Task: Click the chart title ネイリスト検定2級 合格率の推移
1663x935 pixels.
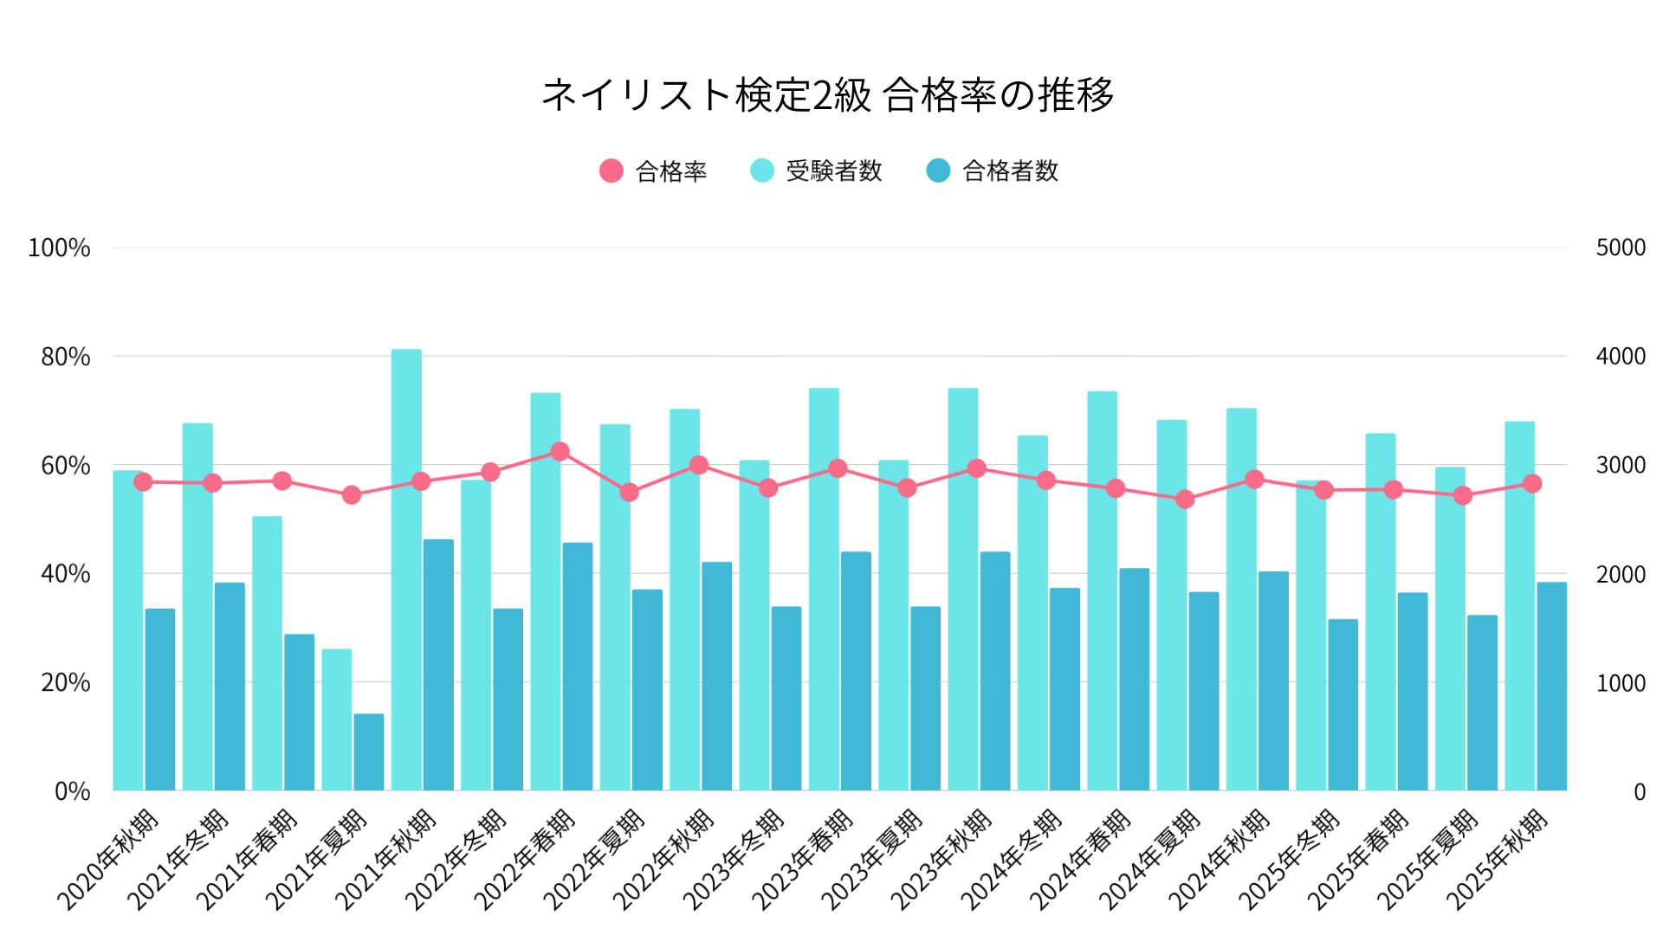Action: pyautogui.click(x=827, y=95)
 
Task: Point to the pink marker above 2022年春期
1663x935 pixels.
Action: pyautogui.click(x=560, y=452)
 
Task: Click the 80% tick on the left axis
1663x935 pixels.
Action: pyautogui.click(x=66, y=357)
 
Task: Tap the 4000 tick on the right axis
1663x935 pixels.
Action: pyautogui.click(x=1621, y=357)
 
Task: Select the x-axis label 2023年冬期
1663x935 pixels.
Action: pyautogui.click(x=734, y=859)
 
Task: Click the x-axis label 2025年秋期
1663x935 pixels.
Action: pyautogui.click(x=1498, y=859)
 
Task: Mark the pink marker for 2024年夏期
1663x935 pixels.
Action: pyautogui.click(x=1186, y=500)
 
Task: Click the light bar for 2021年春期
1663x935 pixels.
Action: pyautogui.click(x=268, y=654)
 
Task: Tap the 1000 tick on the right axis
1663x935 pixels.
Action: pyautogui.click(x=1621, y=683)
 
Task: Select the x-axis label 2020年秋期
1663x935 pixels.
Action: pyautogui.click(x=108, y=859)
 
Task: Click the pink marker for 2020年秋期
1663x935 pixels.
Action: pyautogui.click(x=143, y=482)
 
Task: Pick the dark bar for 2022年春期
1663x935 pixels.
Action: pyautogui.click(x=578, y=667)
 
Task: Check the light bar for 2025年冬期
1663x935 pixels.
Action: pyautogui.click(x=1310, y=636)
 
